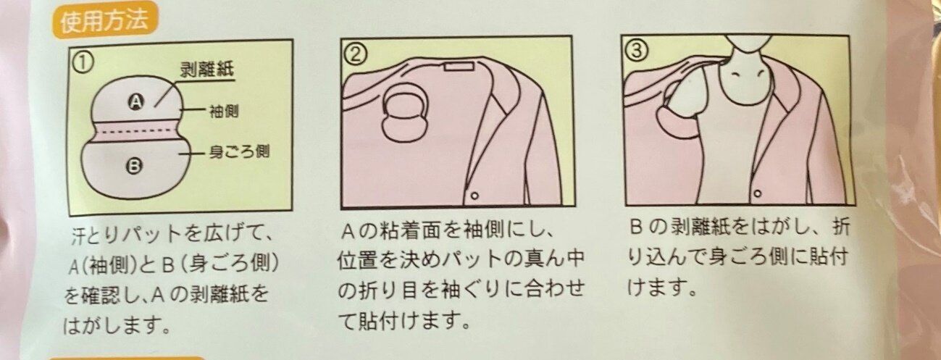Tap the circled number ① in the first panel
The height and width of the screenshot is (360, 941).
[83, 64]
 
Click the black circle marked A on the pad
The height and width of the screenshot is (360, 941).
[136, 101]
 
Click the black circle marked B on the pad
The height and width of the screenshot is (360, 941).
[134, 167]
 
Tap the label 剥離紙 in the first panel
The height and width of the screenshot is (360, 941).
[207, 70]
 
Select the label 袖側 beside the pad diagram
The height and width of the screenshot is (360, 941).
[224, 112]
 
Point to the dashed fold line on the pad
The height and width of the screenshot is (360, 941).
[136, 133]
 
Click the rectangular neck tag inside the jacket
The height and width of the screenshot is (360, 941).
[459, 66]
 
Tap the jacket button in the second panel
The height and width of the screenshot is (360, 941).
[474, 196]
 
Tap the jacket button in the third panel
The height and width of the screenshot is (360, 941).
[757, 193]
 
